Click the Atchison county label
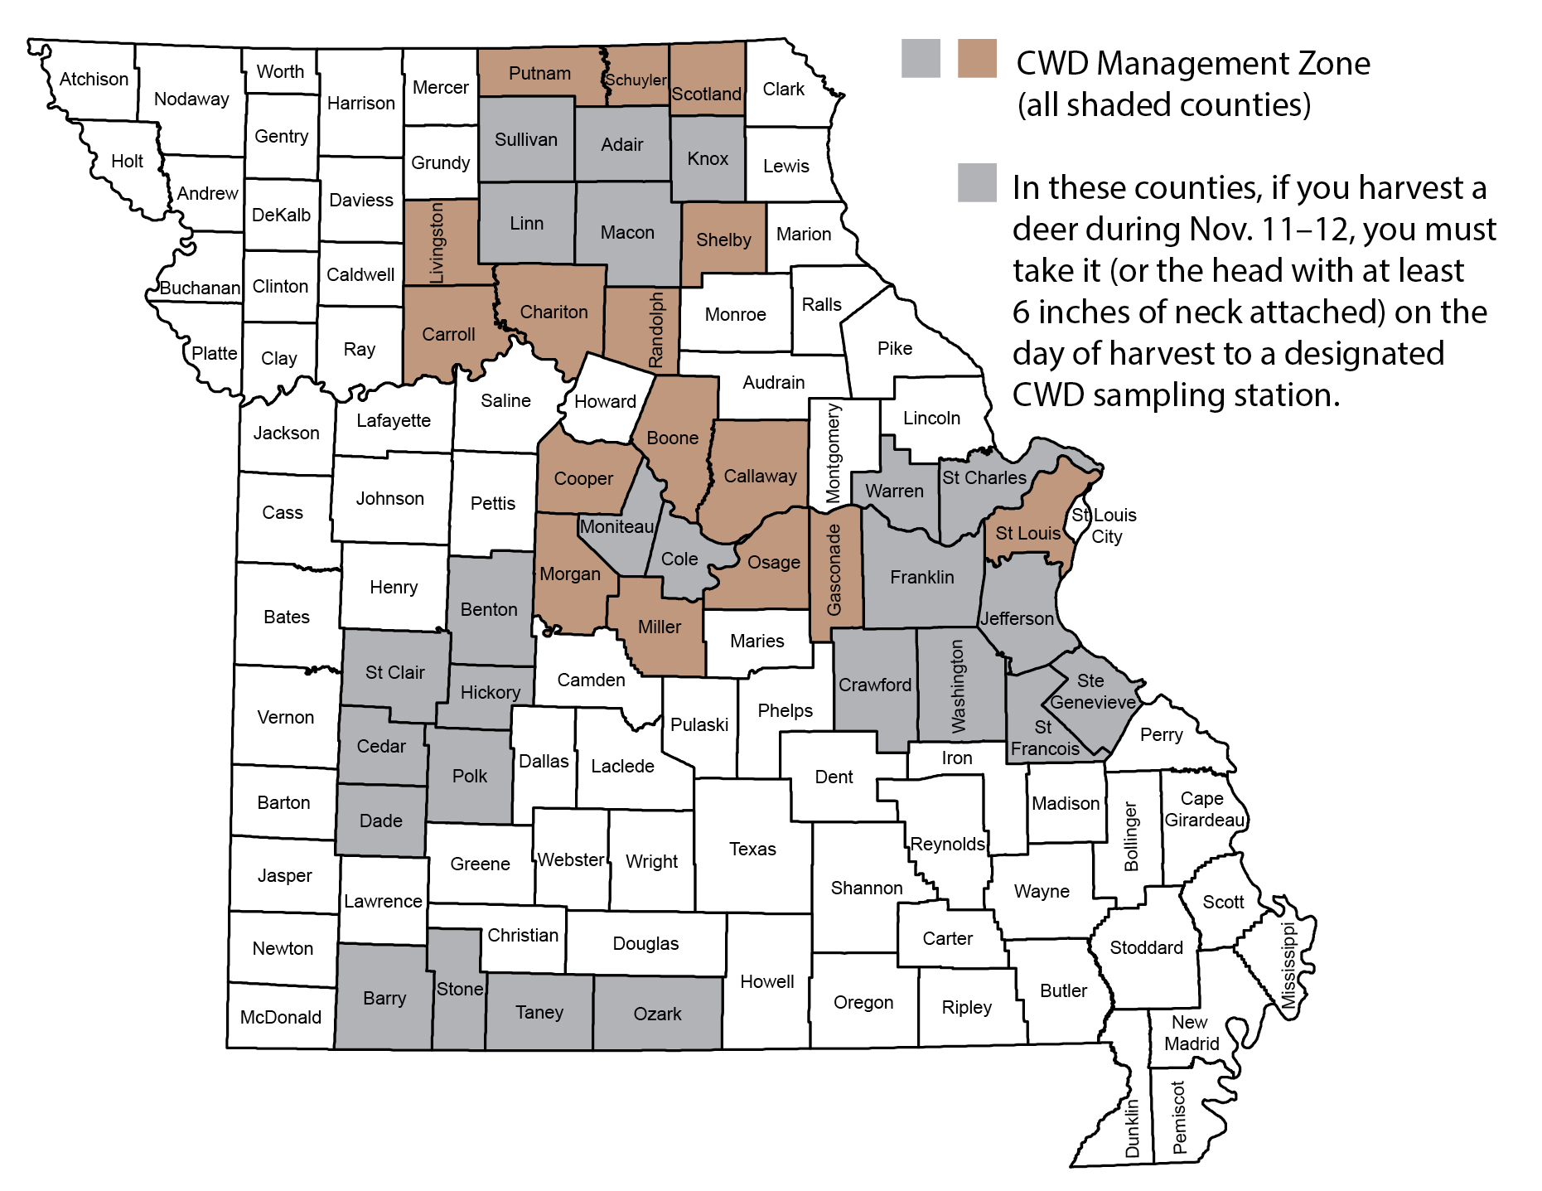tap(94, 79)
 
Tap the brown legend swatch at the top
tap(977, 59)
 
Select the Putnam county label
tap(539, 73)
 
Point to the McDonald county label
tap(280, 1017)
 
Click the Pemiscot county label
tap(1179, 1117)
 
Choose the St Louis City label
tap(1105, 525)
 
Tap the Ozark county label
tap(657, 1014)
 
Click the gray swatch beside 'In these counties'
tap(977, 182)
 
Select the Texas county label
tap(752, 849)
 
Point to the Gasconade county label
tap(834, 570)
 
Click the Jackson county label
tap(286, 433)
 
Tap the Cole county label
tap(679, 559)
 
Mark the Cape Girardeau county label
tap(1204, 809)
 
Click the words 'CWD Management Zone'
tap(1192, 64)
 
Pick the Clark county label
tap(783, 89)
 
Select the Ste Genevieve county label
tap(1092, 691)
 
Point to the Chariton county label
tap(553, 312)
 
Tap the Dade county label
tap(380, 821)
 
